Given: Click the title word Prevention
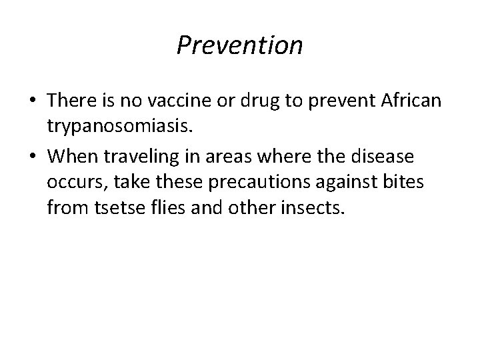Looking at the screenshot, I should (x=240, y=45).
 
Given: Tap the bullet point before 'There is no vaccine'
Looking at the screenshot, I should (x=32, y=100).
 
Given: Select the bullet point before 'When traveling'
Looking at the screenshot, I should (x=32, y=157).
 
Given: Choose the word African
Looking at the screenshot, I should (x=413, y=100).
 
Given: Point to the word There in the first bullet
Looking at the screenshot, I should (x=72, y=100).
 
